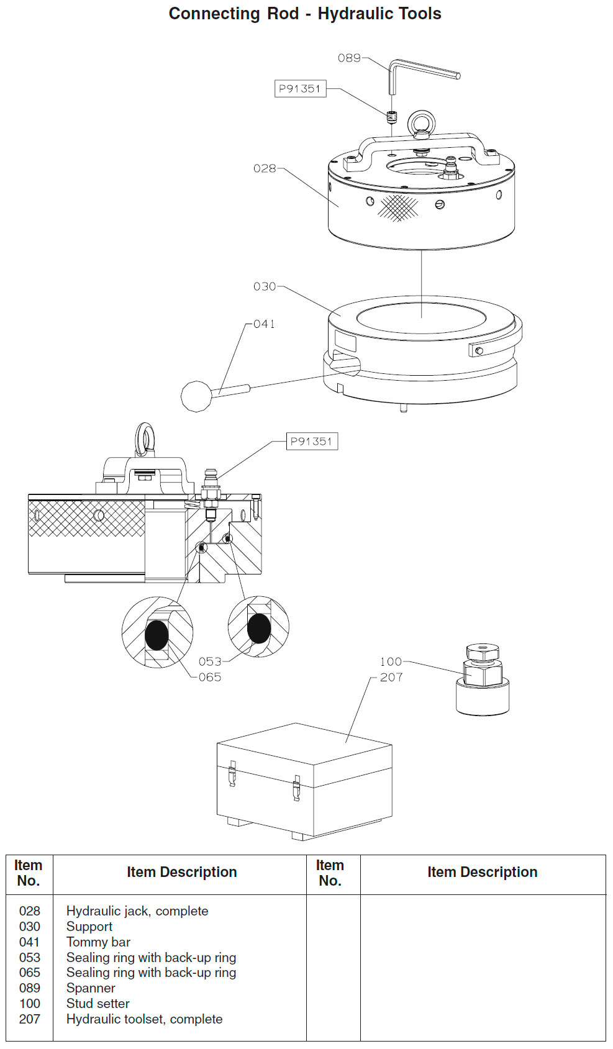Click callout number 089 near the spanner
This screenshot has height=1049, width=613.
click(x=349, y=58)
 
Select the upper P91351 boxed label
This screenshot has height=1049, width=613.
click(x=300, y=89)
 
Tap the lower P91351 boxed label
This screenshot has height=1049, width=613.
click(x=312, y=441)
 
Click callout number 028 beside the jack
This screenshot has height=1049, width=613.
click(x=265, y=168)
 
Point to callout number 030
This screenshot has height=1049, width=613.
click(x=265, y=286)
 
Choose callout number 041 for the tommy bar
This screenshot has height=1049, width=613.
click(x=264, y=324)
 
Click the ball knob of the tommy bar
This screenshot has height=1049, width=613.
click(x=197, y=397)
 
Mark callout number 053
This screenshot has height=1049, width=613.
click(x=210, y=661)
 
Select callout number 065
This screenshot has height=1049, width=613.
click(x=210, y=677)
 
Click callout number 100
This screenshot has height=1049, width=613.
click(x=391, y=661)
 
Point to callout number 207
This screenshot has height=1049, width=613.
click(x=391, y=677)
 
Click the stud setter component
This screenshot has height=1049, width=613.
click(x=483, y=679)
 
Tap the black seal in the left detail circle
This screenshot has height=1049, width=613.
click(x=157, y=635)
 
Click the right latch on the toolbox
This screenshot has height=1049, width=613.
click(x=296, y=788)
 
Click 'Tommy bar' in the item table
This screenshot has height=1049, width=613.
click(x=98, y=942)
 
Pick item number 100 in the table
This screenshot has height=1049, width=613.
click(x=30, y=1003)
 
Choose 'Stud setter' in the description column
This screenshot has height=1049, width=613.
click(x=98, y=1003)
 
